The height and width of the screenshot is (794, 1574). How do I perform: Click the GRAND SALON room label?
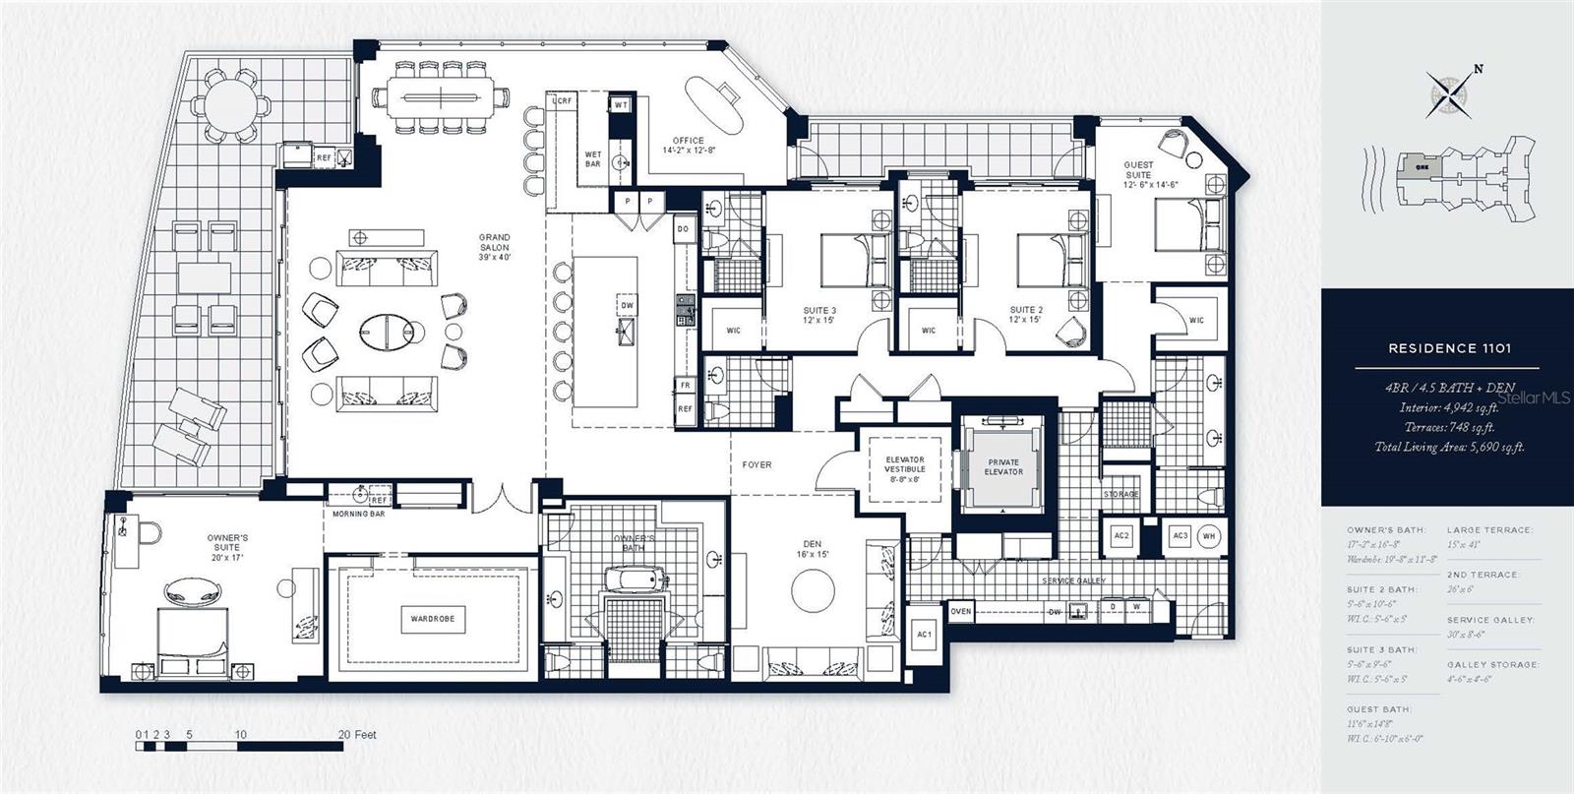coord(494,242)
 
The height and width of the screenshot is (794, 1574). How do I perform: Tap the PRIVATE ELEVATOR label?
coord(1003,466)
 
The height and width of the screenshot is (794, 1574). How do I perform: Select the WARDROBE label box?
coord(432,619)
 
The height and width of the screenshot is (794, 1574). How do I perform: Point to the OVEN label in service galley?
coord(961,612)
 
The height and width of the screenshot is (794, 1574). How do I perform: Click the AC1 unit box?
coord(924,635)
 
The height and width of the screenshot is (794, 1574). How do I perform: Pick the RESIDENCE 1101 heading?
coord(1449,348)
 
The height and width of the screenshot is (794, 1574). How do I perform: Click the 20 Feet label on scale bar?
coord(357,735)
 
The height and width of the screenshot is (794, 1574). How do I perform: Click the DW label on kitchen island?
coord(627,306)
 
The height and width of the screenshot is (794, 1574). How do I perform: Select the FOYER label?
coord(757,464)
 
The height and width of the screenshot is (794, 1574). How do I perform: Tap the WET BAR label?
coord(593,159)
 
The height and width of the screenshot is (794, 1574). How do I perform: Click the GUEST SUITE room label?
coord(1138,170)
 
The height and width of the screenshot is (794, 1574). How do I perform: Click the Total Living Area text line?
coord(1449,447)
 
